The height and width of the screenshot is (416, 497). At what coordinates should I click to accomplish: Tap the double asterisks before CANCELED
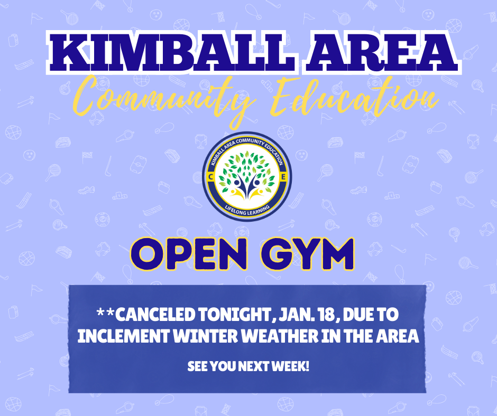tap(106, 315)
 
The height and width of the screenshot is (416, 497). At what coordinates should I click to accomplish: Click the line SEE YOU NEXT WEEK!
tap(248, 366)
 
